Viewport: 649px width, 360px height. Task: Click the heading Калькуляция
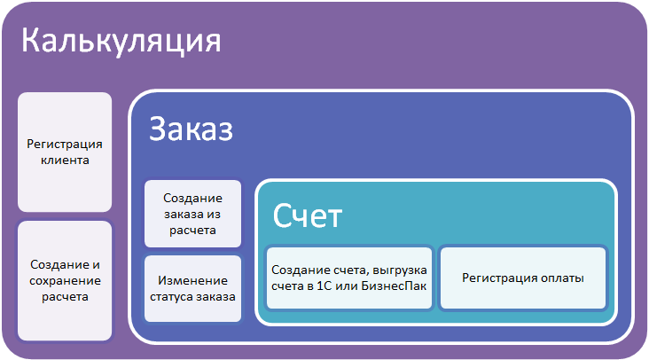pos(121,42)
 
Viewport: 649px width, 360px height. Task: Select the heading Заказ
pos(191,129)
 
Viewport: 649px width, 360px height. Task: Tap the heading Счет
pos(307,215)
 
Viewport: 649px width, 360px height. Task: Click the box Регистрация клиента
pos(65,152)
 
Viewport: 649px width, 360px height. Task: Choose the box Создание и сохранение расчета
pos(65,280)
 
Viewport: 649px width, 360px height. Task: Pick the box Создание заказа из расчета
pos(193,214)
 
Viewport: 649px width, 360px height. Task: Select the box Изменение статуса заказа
pos(193,288)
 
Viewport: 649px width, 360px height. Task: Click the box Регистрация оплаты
pos(523,278)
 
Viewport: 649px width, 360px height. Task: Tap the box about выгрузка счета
pos(349,278)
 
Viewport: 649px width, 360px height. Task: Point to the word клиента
pos(65,160)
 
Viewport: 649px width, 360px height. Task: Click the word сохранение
pos(65,281)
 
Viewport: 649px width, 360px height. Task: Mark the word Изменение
pos(193,280)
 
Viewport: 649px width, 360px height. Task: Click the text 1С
pos(324,286)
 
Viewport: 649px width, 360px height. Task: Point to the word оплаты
pos(562,278)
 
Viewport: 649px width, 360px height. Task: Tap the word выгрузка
pos(400,270)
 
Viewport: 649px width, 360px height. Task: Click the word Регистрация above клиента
pos(65,145)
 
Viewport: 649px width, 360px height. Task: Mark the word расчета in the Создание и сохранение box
pos(65,297)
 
